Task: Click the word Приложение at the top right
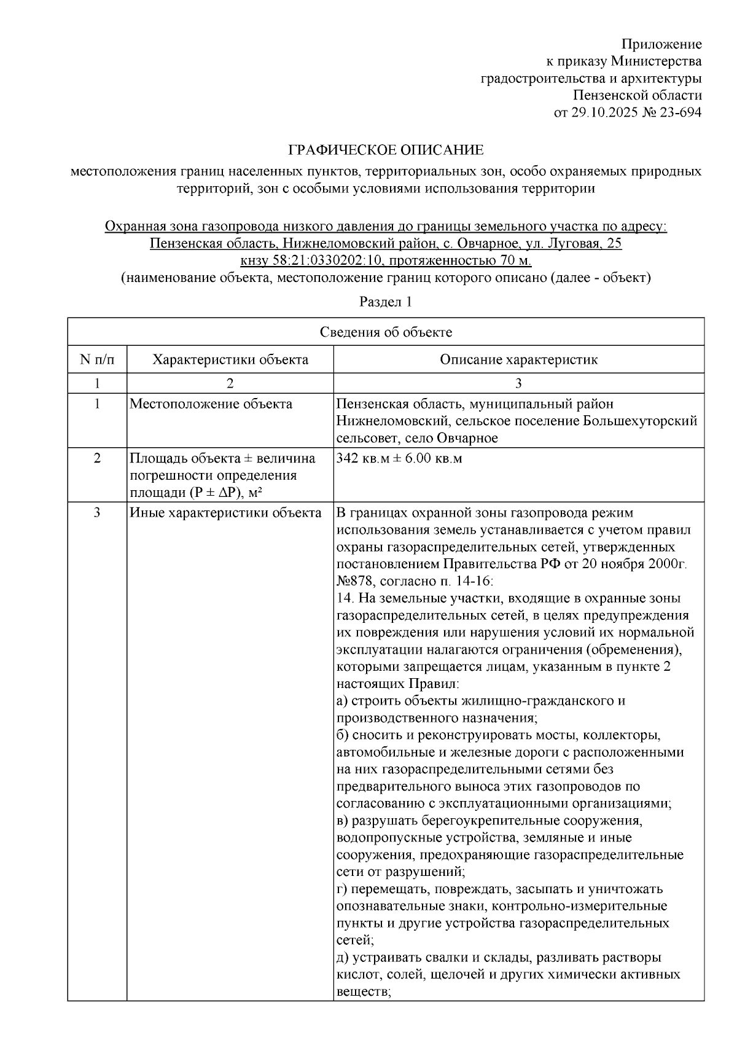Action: click(x=661, y=44)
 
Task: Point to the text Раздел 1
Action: click(x=385, y=302)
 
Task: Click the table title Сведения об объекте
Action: click(x=386, y=332)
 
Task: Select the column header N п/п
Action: click(x=96, y=359)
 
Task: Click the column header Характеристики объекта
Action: click(x=230, y=359)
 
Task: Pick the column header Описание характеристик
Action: click(x=518, y=359)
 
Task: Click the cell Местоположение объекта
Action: click(x=211, y=404)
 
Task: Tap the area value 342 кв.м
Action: click(x=363, y=458)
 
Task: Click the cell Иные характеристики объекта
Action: click(x=225, y=513)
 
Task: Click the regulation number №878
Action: click(x=356, y=581)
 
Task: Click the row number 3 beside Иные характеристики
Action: click(x=96, y=513)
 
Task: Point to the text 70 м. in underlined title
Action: click(x=515, y=260)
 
